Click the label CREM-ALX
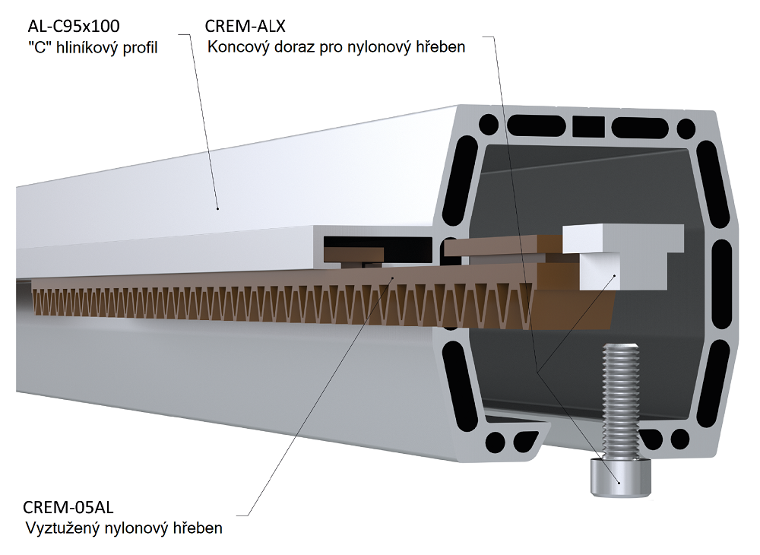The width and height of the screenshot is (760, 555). click(245, 27)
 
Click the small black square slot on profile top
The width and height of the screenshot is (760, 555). click(585, 125)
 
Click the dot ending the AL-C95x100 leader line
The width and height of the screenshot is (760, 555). click(217, 207)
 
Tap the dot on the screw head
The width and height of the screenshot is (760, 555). click(619, 482)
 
